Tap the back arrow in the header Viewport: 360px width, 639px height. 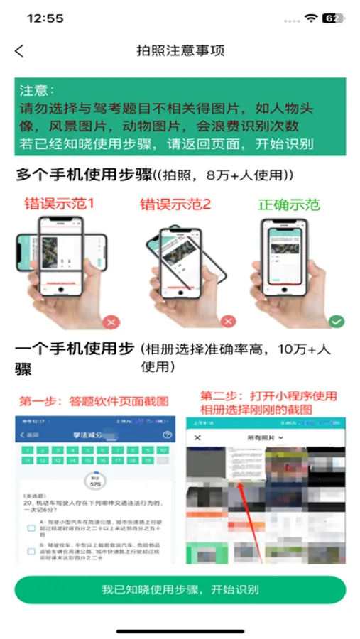[x=19, y=50]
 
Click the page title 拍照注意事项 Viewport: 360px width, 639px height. [x=180, y=50]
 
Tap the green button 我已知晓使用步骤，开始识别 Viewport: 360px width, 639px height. [x=180, y=590]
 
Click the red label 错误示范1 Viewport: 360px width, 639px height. [x=59, y=204]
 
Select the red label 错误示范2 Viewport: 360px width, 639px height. [x=175, y=205]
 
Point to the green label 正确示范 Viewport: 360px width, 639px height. [x=289, y=205]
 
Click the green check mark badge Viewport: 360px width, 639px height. [x=337, y=322]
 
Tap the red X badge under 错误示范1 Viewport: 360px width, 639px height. [x=111, y=322]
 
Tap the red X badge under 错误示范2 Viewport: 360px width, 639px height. [x=228, y=322]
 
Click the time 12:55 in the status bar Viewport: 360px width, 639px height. [x=45, y=18]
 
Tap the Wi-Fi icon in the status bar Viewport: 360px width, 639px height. [x=310, y=18]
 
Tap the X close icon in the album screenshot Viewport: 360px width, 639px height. [x=198, y=437]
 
